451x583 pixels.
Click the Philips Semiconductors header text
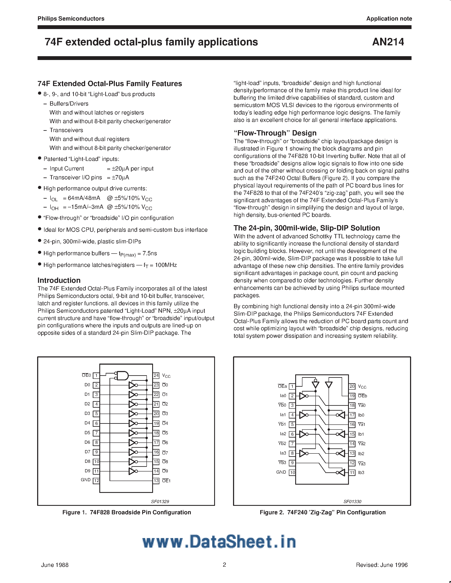point(71,19)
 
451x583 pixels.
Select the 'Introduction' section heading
point(59,280)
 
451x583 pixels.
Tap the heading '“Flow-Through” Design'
point(275,133)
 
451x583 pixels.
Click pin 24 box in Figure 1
point(156,375)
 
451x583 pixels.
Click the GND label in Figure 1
point(86,480)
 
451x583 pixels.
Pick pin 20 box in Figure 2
point(352,386)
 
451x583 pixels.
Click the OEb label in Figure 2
point(362,396)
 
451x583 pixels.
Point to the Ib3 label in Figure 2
point(361,473)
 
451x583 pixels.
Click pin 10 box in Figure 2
point(292,473)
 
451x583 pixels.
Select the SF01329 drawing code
point(160,502)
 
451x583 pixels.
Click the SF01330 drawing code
point(352,502)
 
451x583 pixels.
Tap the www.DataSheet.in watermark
point(219,542)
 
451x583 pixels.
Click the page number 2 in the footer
point(224,565)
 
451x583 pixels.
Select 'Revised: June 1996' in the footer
point(382,565)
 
